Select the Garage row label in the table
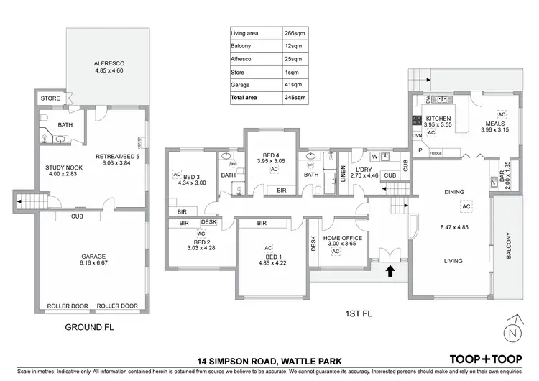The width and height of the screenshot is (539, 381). click(x=240, y=85)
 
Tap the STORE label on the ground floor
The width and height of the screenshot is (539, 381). click(x=50, y=98)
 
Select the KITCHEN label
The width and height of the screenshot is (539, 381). click(x=438, y=117)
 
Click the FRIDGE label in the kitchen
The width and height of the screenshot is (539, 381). click(x=436, y=153)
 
